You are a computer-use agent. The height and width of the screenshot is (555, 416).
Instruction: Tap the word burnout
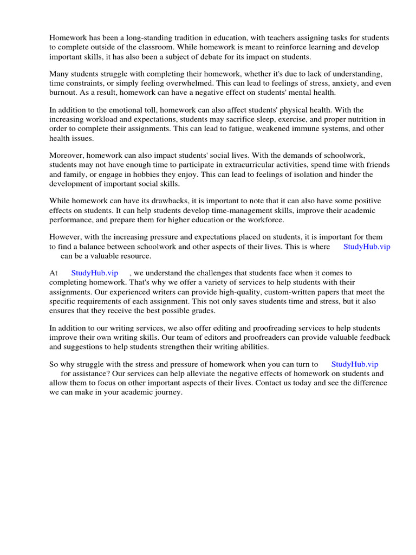[64, 92]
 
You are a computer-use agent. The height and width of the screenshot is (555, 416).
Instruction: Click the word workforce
[263, 220]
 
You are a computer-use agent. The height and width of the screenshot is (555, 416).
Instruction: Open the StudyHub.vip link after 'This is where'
[367, 247]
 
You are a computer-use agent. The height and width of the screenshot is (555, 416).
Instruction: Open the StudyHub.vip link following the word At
[95, 273]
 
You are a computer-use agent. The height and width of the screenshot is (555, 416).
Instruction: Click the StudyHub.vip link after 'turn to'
[354, 364]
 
